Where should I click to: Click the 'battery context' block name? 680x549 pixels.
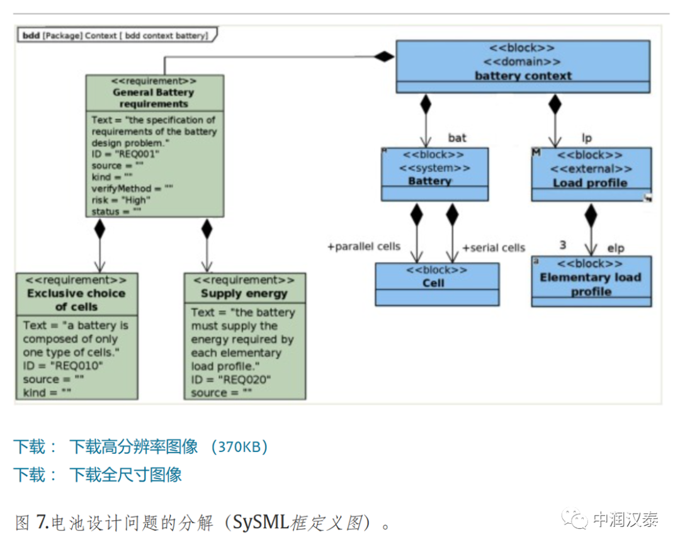(523, 76)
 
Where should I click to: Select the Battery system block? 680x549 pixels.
(434, 174)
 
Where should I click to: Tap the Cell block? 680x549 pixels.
(437, 283)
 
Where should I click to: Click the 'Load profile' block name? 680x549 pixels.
(590, 183)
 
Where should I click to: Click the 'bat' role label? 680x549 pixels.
(457, 137)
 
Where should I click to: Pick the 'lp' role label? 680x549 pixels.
(586, 138)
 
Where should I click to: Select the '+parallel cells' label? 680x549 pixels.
(363, 246)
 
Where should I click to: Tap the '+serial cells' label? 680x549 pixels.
(494, 248)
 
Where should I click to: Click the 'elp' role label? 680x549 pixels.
(615, 248)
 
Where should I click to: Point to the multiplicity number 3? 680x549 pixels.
(563, 245)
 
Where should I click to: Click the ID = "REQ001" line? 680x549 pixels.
(125, 154)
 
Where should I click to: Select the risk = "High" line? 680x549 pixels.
(120, 200)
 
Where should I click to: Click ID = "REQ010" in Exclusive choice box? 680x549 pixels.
(62, 366)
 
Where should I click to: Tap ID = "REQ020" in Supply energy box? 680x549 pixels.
(230, 380)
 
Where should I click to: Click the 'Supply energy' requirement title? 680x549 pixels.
(244, 293)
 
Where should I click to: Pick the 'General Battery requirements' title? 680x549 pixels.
(154, 98)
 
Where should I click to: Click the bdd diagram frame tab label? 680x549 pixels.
(116, 35)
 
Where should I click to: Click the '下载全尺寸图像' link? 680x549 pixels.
(125, 474)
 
